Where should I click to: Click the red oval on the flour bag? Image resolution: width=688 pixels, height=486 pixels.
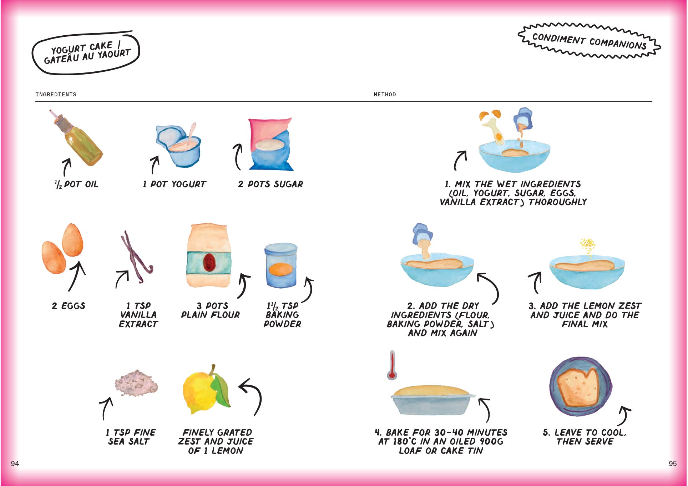(x=208, y=262)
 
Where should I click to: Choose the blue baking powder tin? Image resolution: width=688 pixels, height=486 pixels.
(x=281, y=265)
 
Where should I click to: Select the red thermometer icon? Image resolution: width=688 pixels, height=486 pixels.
(x=392, y=365)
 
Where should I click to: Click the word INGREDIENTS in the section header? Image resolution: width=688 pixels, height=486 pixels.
(x=56, y=95)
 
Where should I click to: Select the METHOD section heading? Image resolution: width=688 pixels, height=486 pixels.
(x=385, y=95)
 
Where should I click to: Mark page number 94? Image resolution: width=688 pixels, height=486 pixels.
(x=15, y=464)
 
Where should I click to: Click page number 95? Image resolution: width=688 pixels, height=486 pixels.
(x=673, y=464)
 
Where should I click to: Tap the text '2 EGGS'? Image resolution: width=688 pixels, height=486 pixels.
(x=69, y=306)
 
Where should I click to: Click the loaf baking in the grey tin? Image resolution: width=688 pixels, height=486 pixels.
(x=431, y=390)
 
